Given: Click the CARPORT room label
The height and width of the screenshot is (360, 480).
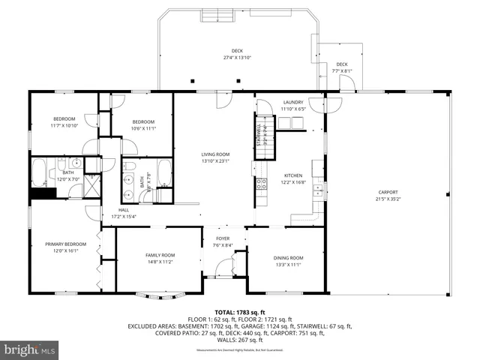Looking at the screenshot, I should coord(388,193).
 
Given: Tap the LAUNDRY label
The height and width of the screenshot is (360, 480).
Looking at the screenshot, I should coord(292,103).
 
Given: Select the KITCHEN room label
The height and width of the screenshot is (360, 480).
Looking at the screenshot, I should coord(293,175).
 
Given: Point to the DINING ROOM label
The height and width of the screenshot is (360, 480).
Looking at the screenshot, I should coord(288,257).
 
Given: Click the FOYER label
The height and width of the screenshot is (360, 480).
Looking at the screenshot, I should coord(223,238).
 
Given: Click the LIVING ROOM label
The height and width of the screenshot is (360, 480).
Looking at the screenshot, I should coord(214,154).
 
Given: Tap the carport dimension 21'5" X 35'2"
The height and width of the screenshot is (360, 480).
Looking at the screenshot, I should coord(388,199).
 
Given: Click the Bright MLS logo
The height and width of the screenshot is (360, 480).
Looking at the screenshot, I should coord(30,349).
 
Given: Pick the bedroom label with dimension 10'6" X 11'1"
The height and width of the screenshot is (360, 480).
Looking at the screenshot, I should coord(143,122).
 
